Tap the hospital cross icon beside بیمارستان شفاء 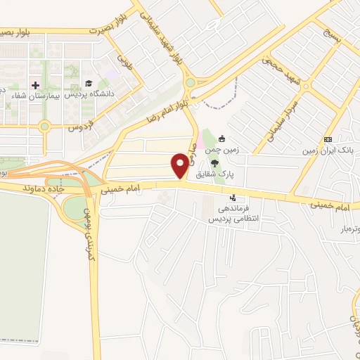click(36, 85)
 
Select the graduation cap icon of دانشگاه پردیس click(89, 84)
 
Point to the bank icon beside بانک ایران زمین click(328, 139)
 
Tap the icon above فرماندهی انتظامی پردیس click(233, 198)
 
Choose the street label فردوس click(81, 127)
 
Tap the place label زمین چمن click(219, 150)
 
